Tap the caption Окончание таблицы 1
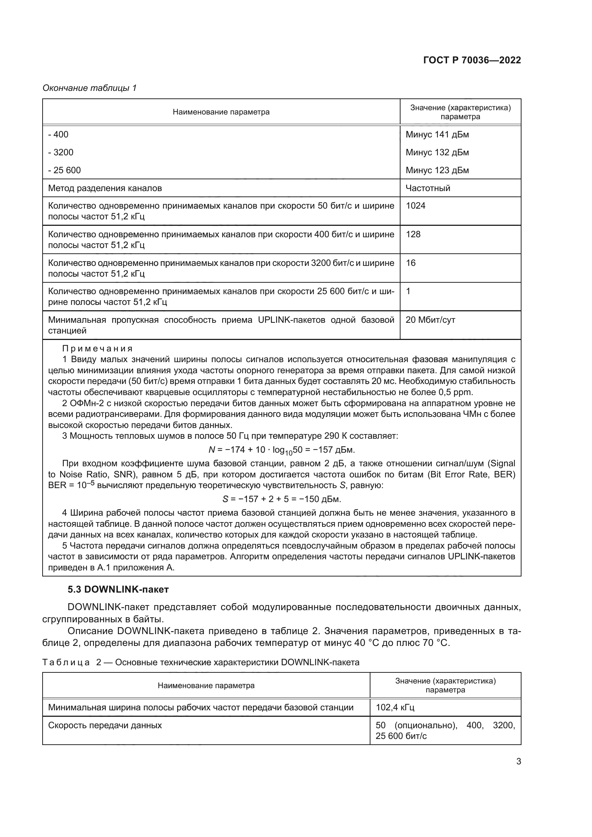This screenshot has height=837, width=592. [x=89, y=88]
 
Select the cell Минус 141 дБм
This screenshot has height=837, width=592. [x=437, y=135]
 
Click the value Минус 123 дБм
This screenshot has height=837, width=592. [x=437, y=170]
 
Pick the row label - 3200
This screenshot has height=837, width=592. [x=61, y=152]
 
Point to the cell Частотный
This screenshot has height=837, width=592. [x=428, y=188]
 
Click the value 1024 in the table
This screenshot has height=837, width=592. [x=416, y=206]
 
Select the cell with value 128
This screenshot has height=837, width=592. [x=413, y=234]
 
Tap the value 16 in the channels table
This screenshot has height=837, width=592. [x=411, y=263]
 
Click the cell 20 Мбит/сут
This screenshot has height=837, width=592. [x=430, y=320]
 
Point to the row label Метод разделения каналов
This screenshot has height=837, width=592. [x=105, y=188]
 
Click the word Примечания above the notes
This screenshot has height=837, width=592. [x=97, y=349]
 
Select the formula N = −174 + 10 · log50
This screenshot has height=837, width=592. [x=281, y=450]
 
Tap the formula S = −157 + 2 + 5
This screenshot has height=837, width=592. [x=281, y=499]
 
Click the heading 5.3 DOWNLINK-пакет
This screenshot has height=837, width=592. [x=118, y=589]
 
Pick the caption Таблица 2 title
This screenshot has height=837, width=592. [x=201, y=662]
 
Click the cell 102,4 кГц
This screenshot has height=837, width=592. [x=395, y=707]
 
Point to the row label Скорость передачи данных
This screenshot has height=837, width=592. [x=105, y=725]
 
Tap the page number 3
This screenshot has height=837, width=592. [x=518, y=761]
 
